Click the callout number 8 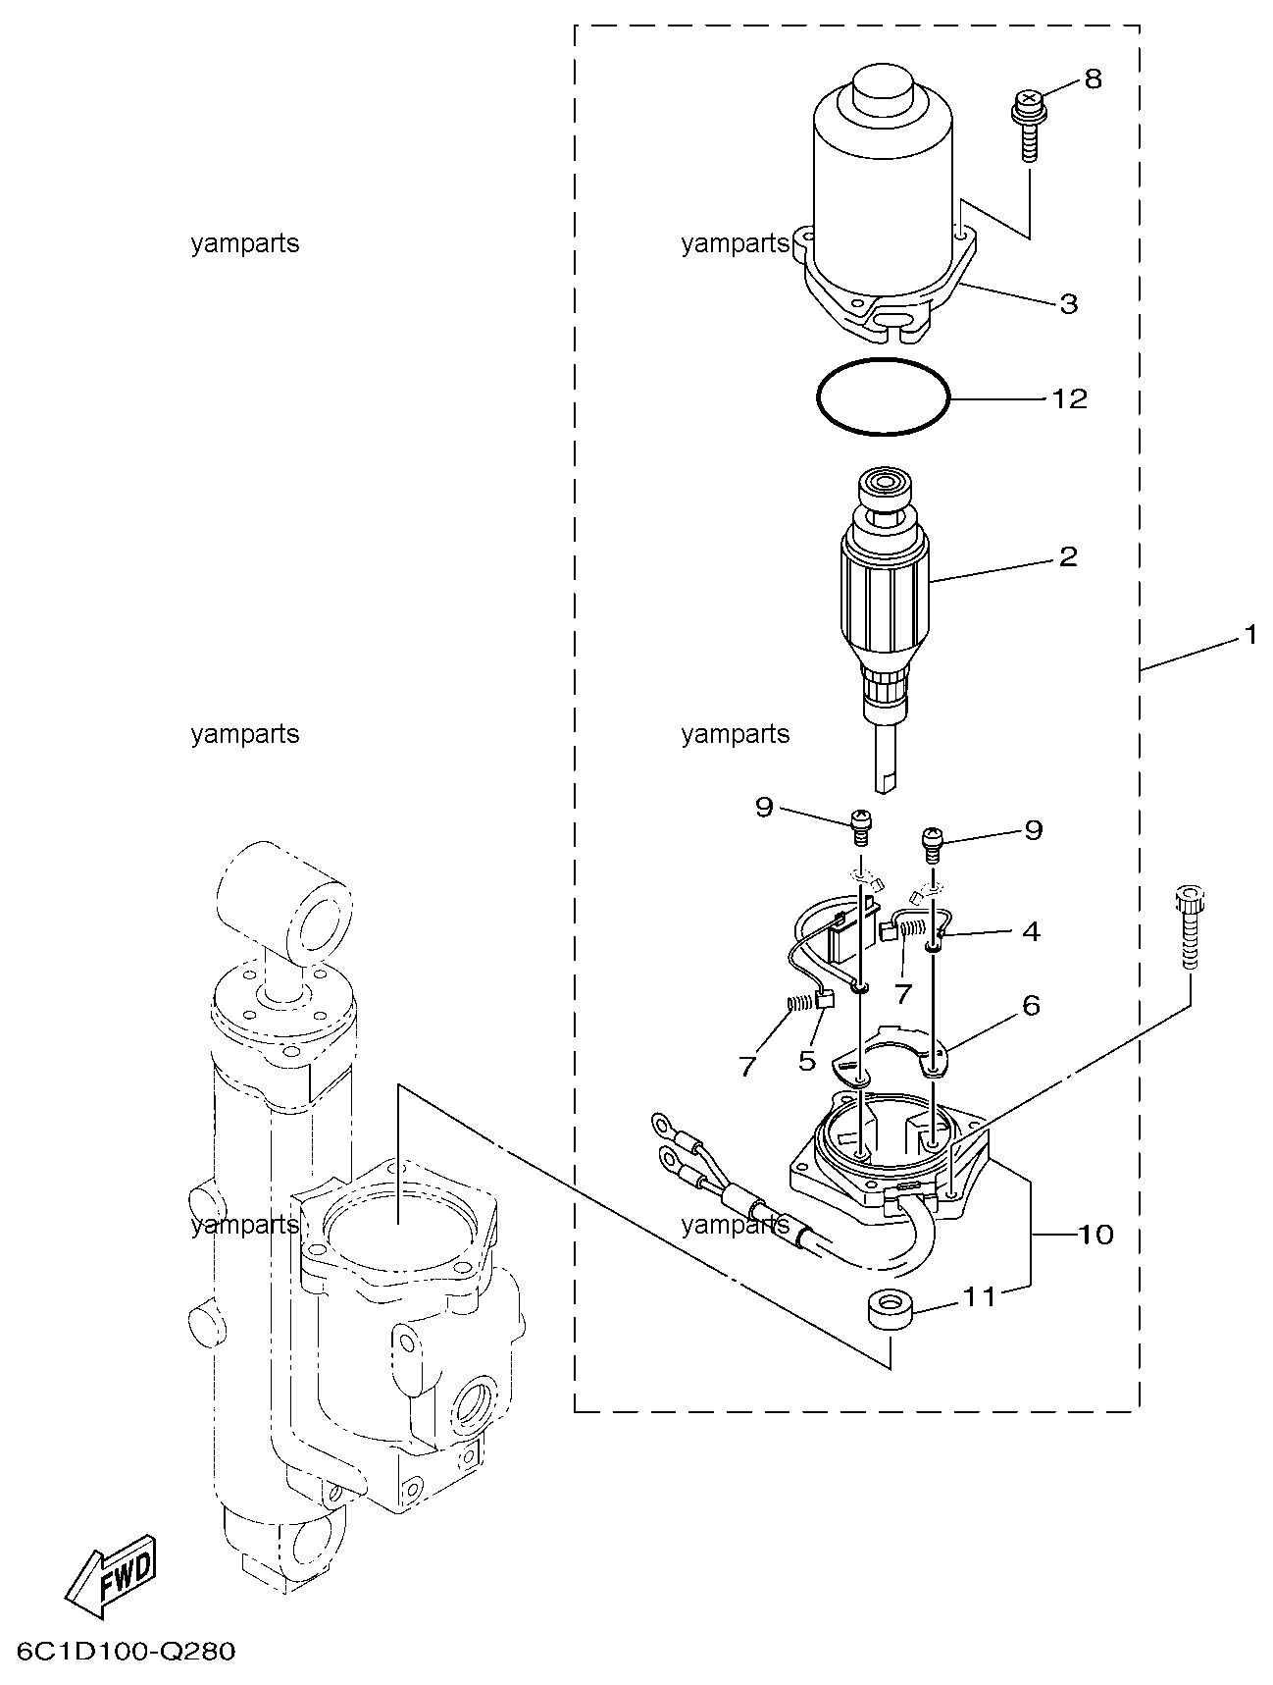point(1093,79)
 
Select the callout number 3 point(1069,303)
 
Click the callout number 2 point(1068,557)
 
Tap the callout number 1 point(1249,636)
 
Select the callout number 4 point(1031,930)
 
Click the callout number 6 point(1031,1005)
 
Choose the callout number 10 point(1095,1234)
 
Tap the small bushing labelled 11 point(890,1313)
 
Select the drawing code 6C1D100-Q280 point(126,1652)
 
